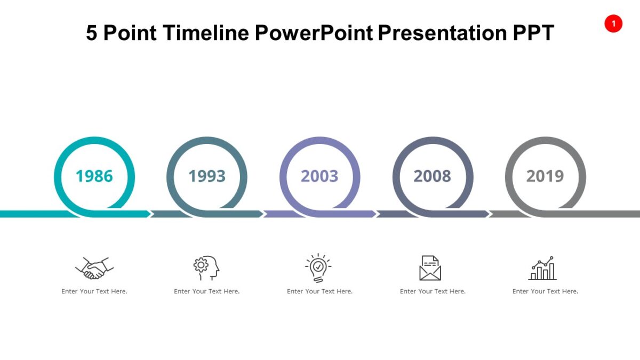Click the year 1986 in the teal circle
tap(94, 176)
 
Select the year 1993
tap(207, 176)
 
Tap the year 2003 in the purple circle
tap(319, 176)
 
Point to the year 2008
tap(433, 176)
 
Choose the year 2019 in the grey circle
tap(545, 176)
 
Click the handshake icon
tap(94, 268)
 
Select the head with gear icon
tap(207, 268)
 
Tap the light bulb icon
tap(318, 268)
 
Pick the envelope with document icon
tap(430, 268)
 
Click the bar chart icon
tap(542, 268)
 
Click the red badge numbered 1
tap(613, 23)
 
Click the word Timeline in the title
tap(206, 33)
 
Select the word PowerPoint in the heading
tap(314, 33)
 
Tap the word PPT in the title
tap(533, 33)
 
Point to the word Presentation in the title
tap(443, 33)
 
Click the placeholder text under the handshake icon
tap(94, 291)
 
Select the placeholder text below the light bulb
tap(319, 291)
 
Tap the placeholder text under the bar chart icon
tap(545, 291)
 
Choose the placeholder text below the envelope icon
tap(433, 291)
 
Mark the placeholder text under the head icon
tap(207, 291)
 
